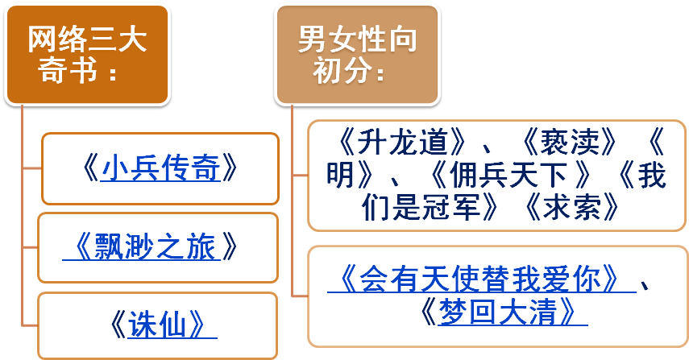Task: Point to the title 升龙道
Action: pyautogui.click(x=403, y=143)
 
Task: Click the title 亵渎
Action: pyautogui.click(x=571, y=143)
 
